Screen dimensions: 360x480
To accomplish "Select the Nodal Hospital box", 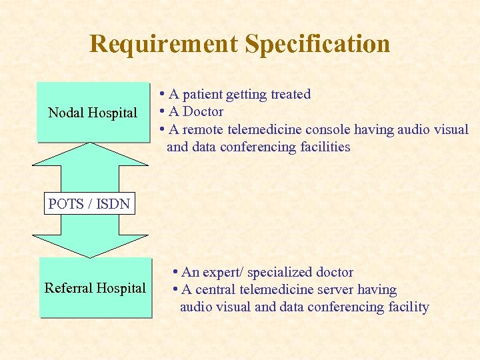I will tap(93, 113).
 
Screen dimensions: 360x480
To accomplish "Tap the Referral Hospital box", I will tap(95, 288).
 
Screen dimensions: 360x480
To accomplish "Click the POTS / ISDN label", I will tap(89, 204).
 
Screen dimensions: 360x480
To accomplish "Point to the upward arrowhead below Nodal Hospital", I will tap(90, 154).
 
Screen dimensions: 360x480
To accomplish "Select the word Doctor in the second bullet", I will tap(203, 111).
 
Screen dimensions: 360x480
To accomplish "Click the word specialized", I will tap(279, 272).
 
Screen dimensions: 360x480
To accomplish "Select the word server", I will tap(335, 289).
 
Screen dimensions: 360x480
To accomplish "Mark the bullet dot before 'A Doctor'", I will tap(162, 111).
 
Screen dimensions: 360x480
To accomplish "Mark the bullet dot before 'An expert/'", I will tap(175, 272).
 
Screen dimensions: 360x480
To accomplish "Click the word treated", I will tap(291, 94).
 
